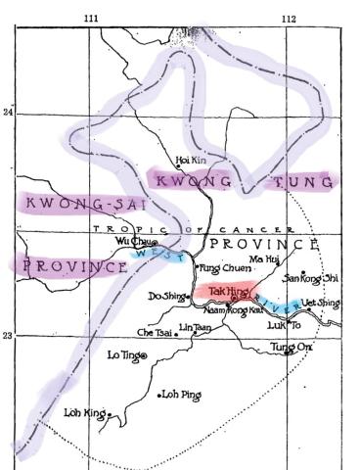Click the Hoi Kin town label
tap(189, 160)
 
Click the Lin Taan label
tap(196, 327)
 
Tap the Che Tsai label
tap(153, 332)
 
